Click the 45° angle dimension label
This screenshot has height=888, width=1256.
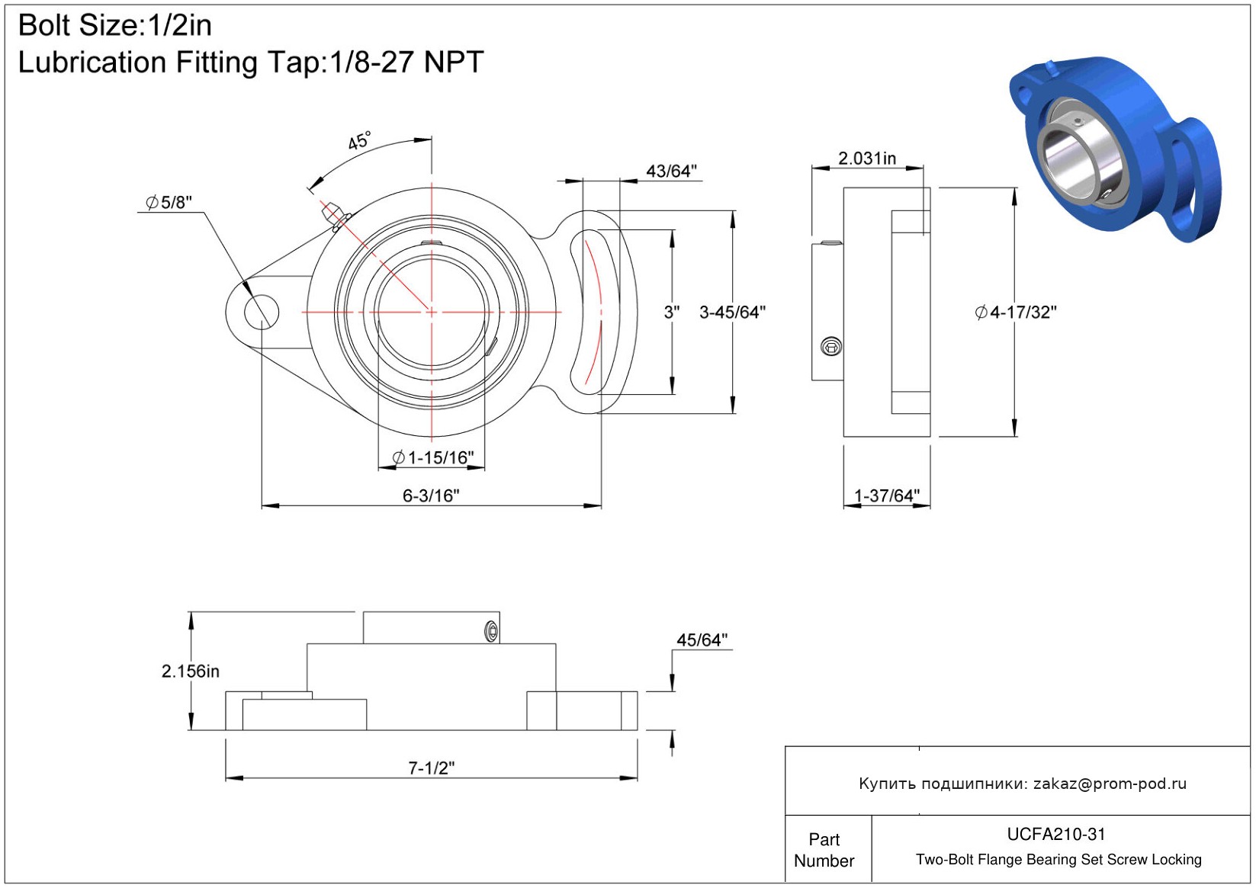[x=359, y=142]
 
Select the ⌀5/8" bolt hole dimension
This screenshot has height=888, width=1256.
[x=169, y=203]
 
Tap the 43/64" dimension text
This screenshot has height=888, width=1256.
[x=671, y=172]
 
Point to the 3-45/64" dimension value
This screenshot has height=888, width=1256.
[x=732, y=313]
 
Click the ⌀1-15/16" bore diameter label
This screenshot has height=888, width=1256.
[x=433, y=457]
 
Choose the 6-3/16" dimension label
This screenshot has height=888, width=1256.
[x=431, y=496]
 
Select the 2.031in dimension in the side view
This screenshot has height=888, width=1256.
[x=867, y=159]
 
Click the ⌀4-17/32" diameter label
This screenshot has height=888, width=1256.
[x=1016, y=313]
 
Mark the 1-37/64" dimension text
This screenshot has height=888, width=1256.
[x=887, y=496]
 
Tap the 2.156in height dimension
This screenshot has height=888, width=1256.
[x=191, y=672]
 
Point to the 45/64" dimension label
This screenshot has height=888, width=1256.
[x=702, y=640]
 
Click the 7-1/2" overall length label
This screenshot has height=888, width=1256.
[x=431, y=768]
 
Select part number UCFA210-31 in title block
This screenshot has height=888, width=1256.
[x=1056, y=835]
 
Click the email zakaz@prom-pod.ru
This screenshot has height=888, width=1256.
[x=1110, y=784]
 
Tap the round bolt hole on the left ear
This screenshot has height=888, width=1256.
[x=261, y=312]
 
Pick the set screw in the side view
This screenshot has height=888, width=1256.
[x=831, y=347]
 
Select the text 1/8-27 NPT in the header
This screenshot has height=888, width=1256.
[x=406, y=63]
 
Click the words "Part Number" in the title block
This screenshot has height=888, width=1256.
[x=824, y=850]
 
